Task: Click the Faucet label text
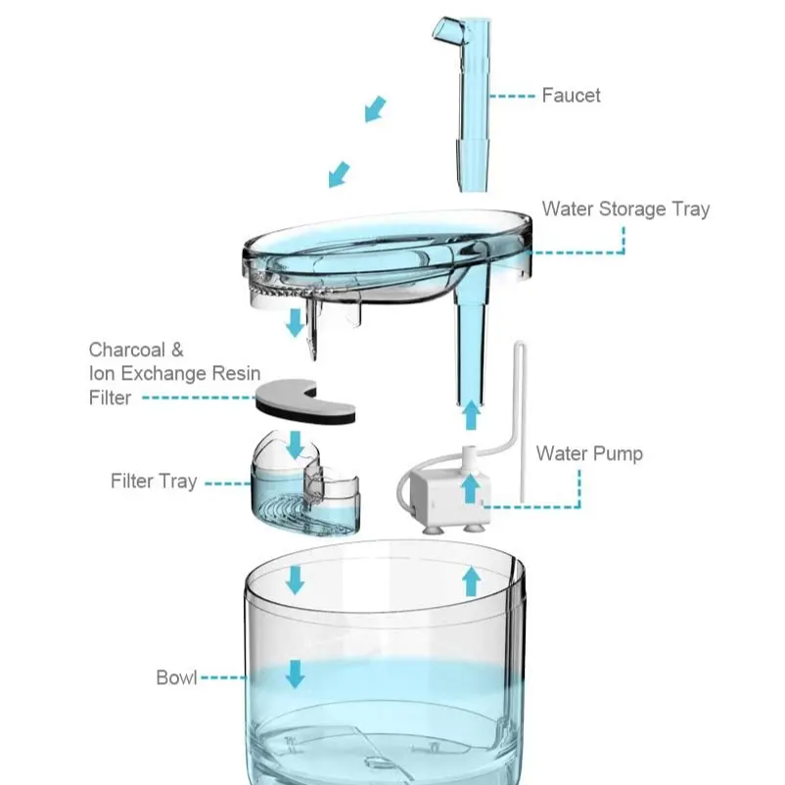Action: pos(571,96)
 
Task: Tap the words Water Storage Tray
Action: pos(625,209)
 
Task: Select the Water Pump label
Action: pos(589,453)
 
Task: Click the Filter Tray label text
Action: pos(154,482)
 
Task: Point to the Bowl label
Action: pos(176,678)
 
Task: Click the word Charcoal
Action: pos(126,350)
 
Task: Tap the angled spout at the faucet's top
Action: pos(448,31)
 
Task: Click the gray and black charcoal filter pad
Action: pos(305,401)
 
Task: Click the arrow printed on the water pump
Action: pos(470,488)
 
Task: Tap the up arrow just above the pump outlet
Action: pos(471,415)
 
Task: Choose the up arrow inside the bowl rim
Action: pos(471,581)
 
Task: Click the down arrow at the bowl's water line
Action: pos(295,673)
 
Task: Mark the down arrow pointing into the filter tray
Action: pos(296,445)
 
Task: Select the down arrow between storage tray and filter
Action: pos(296,323)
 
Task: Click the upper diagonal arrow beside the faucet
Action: pos(376,110)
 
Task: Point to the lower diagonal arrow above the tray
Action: pos(339,174)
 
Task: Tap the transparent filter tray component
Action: pos(305,485)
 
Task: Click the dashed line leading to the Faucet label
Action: pos(512,96)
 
